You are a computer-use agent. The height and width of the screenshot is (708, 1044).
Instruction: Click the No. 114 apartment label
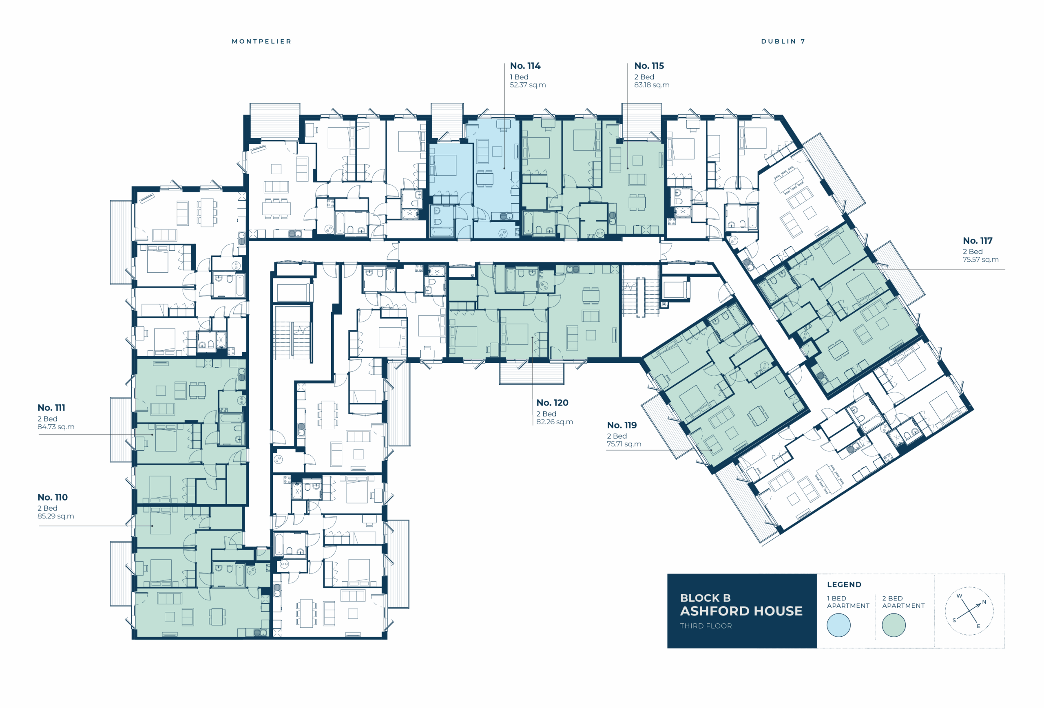pos(525,66)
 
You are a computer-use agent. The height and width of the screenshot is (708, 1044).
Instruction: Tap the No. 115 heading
pos(649,66)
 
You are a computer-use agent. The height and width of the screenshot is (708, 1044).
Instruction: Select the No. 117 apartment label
pos(978,240)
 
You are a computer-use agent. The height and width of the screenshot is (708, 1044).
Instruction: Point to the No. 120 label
pos(552,403)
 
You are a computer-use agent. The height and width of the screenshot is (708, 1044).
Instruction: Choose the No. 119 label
pos(622,425)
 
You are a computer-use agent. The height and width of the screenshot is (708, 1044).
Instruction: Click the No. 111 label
pos(51,408)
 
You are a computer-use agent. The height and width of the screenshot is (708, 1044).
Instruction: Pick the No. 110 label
pos(53,497)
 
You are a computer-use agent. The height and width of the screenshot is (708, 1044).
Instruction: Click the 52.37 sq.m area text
pos(528,85)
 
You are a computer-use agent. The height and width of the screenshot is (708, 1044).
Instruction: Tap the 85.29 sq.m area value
pos(56,516)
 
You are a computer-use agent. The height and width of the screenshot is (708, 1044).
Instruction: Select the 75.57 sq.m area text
pos(980,260)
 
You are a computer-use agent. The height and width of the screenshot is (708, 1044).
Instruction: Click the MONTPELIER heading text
pos(261,41)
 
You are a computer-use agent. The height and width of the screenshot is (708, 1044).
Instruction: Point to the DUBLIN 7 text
pos(783,41)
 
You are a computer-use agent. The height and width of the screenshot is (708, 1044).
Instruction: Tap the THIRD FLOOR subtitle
pos(706,626)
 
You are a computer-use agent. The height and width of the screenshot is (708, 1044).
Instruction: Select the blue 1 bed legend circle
pos(838,625)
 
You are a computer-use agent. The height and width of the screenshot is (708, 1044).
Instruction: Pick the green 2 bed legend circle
pos(894,625)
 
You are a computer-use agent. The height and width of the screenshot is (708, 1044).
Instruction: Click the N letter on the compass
pos(984,602)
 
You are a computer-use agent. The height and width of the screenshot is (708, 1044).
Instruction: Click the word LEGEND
pos(844,584)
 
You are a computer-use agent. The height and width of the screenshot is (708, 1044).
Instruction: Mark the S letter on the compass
pos(954,620)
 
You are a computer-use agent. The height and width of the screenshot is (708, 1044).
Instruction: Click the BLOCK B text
pos(705,598)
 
